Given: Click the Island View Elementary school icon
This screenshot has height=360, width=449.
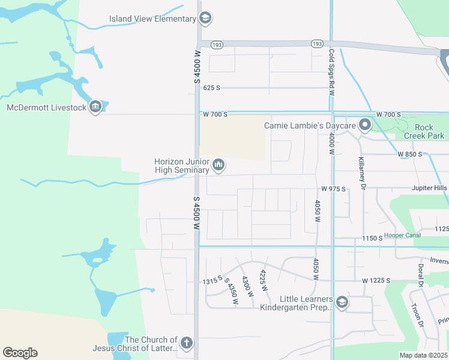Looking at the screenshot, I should click(x=205, y=19).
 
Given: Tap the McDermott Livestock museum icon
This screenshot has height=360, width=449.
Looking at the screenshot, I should click(x=95, y=107).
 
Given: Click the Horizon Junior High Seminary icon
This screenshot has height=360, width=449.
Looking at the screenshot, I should click(x=218, y=164).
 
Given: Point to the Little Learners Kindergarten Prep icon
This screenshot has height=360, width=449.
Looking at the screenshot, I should click(x=342, y=302).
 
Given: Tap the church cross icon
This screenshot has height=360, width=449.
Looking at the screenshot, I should click(x=187, y=343).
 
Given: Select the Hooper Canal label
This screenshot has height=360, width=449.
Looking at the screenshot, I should click(x=402, y=235).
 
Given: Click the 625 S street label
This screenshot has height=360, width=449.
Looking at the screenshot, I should click(x=212, y=88).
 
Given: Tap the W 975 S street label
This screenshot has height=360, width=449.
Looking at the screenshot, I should click(x=334, y=188).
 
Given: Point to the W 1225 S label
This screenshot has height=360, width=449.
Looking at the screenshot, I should click(x=376, y=281).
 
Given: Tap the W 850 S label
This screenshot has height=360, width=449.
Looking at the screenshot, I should click(x=412, y=154).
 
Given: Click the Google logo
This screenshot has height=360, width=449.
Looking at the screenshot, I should click(x=20, y=353).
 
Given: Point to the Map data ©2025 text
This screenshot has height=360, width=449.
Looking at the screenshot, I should click(x=423, y=355).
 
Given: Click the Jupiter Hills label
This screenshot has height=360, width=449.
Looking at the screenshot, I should click(x=429, y=188).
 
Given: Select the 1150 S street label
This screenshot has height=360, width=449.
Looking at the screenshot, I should click(x=372, y=238).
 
